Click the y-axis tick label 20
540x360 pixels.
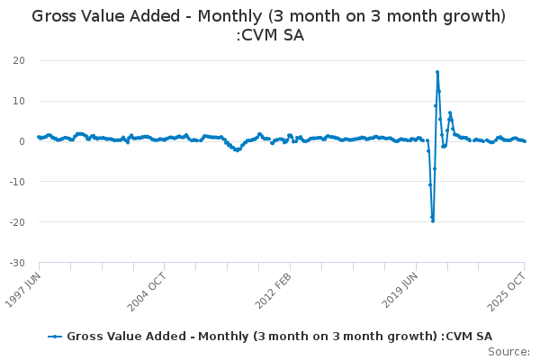(x=18, y=60)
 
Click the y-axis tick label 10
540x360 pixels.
(x=18, y=101)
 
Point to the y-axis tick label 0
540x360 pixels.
(x=21, y=141)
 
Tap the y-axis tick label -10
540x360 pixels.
(x=15, y=182)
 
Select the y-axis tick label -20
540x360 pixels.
(x=15, y=222)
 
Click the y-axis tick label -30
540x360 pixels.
(x=15, y=263)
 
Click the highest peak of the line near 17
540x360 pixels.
(x=437, y=72)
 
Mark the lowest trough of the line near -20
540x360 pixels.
(x=433, y=220)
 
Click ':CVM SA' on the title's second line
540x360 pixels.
(x=269, y=36)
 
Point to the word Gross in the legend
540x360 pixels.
(x=86, y=336)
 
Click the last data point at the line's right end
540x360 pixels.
(x=525, y=141)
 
